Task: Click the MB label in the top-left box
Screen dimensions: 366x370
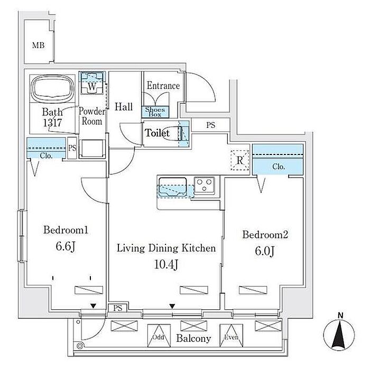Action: [x=38, y=45]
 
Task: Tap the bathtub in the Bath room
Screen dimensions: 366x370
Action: [x=53, y=90]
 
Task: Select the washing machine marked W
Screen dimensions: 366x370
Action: [x=92, y=85]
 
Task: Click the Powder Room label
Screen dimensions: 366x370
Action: [x=90, y=116]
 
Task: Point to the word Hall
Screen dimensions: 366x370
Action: [x=124, y=107]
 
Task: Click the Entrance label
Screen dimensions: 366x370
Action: [x=163, y=86]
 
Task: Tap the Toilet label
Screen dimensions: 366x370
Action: [x=158, y=133]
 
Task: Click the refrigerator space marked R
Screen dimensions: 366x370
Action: [x=240, y=159]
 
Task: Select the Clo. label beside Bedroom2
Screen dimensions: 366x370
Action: [x=279, y=167]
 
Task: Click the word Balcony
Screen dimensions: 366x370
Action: [x=194, y=338]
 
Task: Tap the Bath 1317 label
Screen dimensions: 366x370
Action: [x=52, y=117]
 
